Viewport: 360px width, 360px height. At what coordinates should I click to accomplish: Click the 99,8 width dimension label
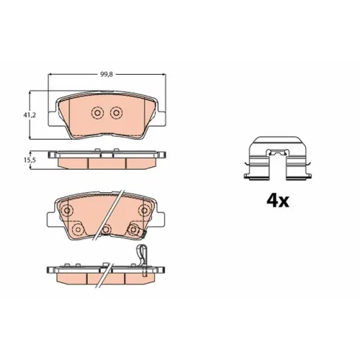107,74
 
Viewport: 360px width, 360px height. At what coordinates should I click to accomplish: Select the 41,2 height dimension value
30,115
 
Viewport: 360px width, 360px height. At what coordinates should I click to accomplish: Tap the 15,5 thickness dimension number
30,160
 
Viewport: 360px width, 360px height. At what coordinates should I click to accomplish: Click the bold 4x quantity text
278,201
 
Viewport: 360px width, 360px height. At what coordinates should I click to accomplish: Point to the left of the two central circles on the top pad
97,112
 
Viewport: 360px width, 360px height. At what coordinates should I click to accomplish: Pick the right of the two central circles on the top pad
117,112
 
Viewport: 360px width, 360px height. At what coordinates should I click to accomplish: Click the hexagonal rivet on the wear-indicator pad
133,230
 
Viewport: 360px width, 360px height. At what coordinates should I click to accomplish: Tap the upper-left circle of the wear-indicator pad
68,211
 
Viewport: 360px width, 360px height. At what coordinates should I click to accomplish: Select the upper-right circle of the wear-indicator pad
144,210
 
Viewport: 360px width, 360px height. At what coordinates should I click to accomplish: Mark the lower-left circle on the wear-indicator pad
78,230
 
